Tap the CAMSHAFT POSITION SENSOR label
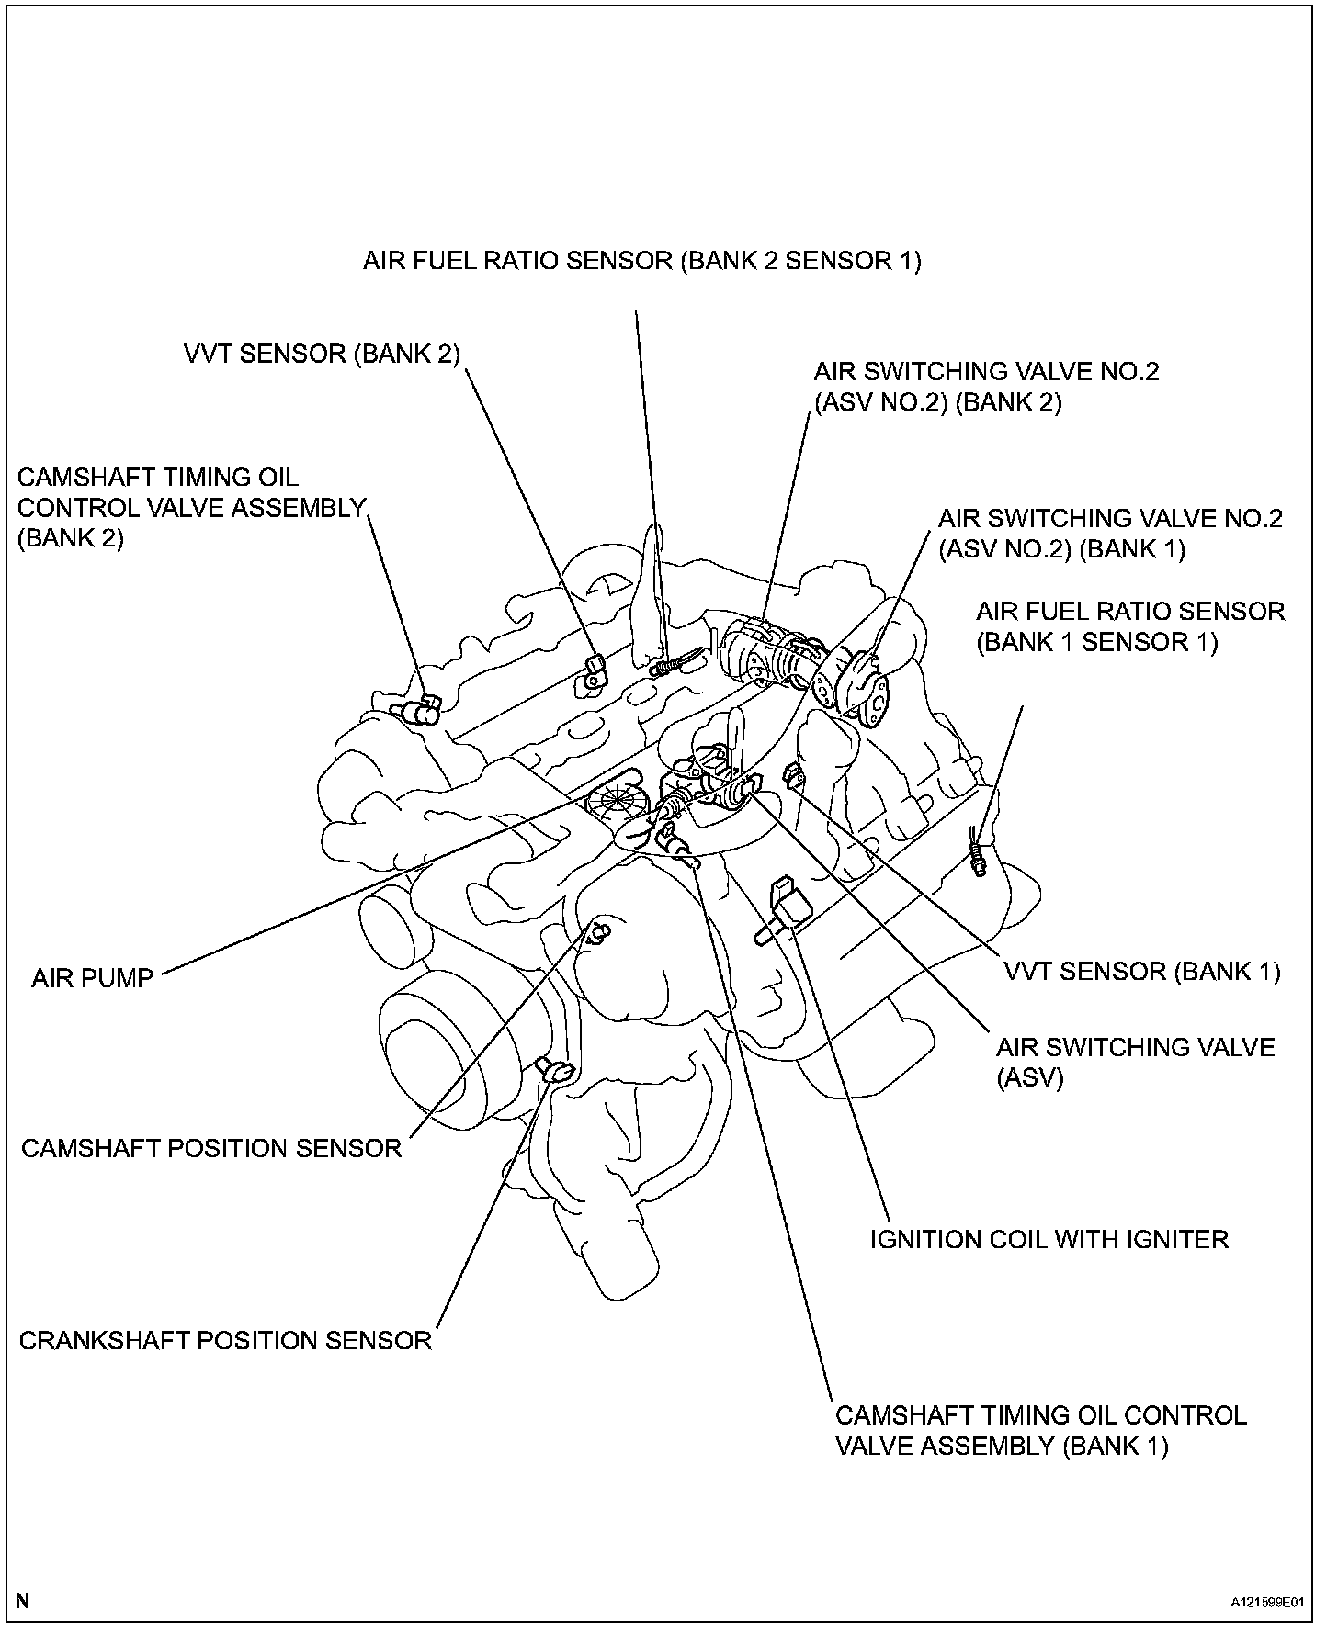211,1148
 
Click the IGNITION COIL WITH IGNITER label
1049,1239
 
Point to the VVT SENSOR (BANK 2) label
322,354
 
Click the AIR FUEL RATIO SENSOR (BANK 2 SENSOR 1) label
641,261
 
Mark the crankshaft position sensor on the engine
557,1069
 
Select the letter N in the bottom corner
23,1601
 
